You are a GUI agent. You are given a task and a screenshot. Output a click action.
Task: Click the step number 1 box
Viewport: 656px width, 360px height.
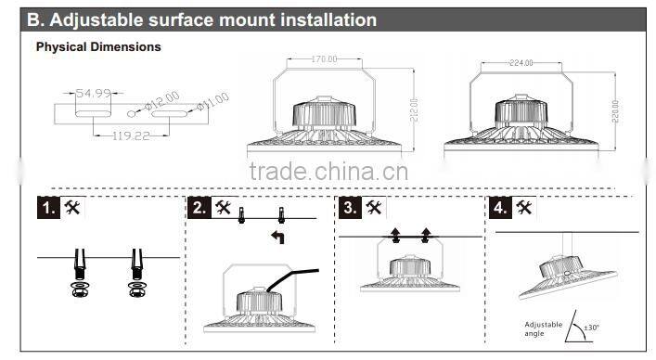point(48,208)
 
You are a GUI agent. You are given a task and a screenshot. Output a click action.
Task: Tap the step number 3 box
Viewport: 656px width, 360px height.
point(350,208)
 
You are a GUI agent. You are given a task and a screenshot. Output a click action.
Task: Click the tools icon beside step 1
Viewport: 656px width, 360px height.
point(72,208)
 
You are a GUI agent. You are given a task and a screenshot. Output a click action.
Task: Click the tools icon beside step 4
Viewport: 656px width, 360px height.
point(525,208)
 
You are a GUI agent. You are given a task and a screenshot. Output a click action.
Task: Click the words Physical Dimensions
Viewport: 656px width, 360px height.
point(97,46)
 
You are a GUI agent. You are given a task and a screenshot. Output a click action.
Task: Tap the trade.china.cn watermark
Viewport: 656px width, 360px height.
point(328,172)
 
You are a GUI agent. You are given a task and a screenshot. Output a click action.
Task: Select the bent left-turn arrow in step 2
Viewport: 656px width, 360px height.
point(277,238)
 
